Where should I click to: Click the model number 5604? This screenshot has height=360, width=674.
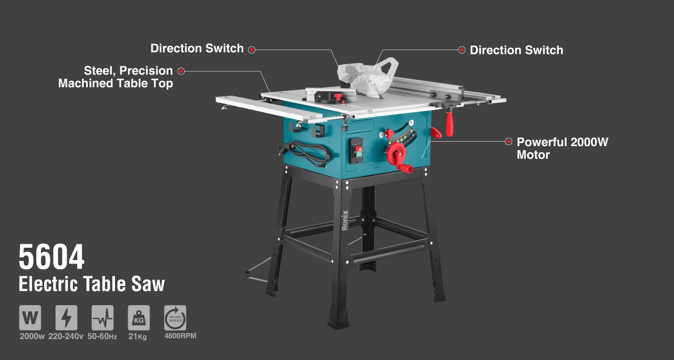[x=51, y=257]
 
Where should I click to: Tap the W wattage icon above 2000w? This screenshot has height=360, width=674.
[x=30, y=317]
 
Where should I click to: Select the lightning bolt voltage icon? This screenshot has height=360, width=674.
[x=66, y=317]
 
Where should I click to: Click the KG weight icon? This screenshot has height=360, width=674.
[x=139, y=317]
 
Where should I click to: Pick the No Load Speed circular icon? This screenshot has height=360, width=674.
[x=175, y=317]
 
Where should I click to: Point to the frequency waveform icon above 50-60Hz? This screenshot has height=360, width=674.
[x=103, y=317]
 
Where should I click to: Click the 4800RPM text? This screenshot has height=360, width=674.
[x=180, y=335]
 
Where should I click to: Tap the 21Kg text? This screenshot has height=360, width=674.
[x=137, y=336]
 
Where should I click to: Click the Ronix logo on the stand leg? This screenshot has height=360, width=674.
[x=345, y=220]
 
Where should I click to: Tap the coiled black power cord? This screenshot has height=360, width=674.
[x=310, y=153]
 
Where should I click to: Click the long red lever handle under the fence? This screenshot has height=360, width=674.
[x=449, y=123]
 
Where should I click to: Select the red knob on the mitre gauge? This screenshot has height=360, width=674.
[x=338, y=97]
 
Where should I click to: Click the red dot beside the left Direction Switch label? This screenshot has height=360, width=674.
[x=251, y=50]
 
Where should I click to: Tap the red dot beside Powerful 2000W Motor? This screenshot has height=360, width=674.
[x=509, y=141]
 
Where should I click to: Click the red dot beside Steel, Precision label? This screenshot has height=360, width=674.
[x=181, y=71]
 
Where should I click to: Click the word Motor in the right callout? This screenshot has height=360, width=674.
[x=533, y=155]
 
